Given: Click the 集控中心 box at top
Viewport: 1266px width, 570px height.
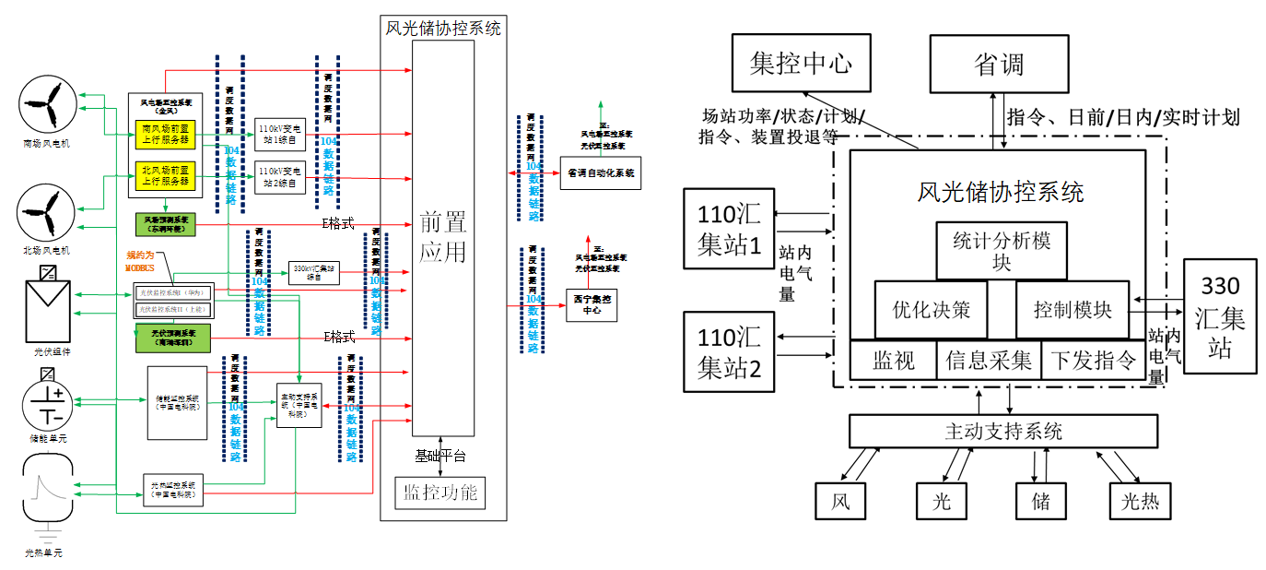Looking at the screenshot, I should [800, 64].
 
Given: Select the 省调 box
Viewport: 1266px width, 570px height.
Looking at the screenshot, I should [999, 64].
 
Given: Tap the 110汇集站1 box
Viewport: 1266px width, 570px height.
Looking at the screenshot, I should [729, 228].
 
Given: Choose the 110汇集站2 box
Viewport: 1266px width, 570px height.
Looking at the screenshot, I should [729, 351].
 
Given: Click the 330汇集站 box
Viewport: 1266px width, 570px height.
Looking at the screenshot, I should [1220, 316].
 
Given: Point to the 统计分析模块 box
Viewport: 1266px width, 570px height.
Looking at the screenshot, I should [1002, 250].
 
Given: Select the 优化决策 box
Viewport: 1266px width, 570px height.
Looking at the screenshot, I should [931, 310].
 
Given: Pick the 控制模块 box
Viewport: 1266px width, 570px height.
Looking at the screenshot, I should [1073, 310].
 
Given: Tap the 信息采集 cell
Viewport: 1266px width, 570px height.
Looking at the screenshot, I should [989, 361].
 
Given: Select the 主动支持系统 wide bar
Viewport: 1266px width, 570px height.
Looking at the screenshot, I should [1002, 431].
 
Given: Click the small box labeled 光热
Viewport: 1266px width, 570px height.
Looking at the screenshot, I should [1140, 501].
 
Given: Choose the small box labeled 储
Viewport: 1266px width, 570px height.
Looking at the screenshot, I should [1039, 501].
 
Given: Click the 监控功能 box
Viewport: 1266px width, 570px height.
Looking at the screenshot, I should [439, 493].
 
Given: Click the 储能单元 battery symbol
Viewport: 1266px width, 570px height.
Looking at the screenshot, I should [46, 403].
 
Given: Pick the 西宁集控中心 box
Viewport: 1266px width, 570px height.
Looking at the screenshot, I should [591, 304].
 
